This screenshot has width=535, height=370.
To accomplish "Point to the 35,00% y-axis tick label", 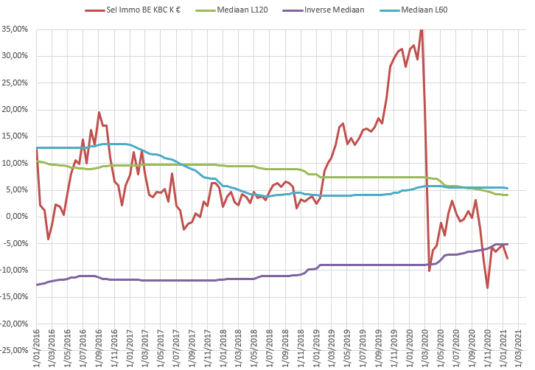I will coord(16,29).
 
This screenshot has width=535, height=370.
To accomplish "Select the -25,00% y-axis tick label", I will coord(15,350).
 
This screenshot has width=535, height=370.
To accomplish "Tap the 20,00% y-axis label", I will coord(16,110).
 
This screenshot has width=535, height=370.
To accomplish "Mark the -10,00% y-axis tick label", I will coord(15,270).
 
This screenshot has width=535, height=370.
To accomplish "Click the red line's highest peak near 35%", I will coord(422,29).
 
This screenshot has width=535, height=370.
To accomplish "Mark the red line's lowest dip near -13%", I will coord(487,287).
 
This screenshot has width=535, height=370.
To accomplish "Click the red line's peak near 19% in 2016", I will coord(99,113).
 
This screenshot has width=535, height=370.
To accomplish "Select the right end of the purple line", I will coord(507,244).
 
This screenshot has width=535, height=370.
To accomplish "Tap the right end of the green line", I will coord(507,195).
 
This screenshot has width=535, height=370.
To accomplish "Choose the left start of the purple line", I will coord(36,285).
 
